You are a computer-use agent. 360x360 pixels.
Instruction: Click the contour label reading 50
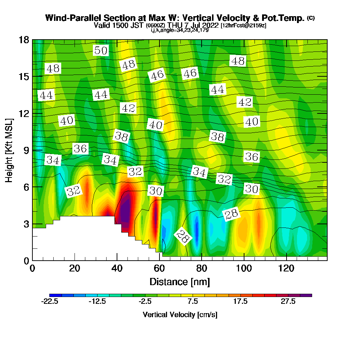[101, 51]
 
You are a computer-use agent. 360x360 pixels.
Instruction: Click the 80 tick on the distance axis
[202, 268]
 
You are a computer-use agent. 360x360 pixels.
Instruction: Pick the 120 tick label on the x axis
[286, 268]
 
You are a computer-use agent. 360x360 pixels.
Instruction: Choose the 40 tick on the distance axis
[117, 268]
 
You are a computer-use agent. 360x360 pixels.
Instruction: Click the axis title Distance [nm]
[180, 281]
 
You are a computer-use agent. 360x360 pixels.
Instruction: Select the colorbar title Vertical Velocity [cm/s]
[180, 315]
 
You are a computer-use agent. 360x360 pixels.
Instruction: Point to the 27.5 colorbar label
[288, 302]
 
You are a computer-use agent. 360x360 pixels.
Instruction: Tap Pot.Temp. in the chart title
[287, 18]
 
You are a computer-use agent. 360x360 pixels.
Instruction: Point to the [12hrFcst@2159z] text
[243, 25]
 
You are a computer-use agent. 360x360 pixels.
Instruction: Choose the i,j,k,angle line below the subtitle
[180, 30]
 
